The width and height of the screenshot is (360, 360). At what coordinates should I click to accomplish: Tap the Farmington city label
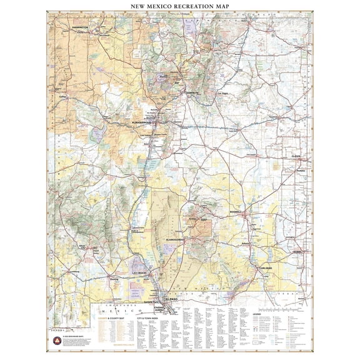[79, 28]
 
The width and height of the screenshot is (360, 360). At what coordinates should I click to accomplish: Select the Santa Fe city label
[191, 93]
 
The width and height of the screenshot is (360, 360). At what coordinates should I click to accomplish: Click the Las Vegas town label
[223, 94]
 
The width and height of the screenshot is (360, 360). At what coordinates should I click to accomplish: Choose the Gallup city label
[61, 97]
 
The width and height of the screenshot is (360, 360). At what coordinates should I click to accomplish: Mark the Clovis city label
[298, 156]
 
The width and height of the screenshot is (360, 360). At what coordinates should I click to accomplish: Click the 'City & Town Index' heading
[148, 318]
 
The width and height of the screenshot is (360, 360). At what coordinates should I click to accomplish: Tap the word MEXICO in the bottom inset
[112, 310]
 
